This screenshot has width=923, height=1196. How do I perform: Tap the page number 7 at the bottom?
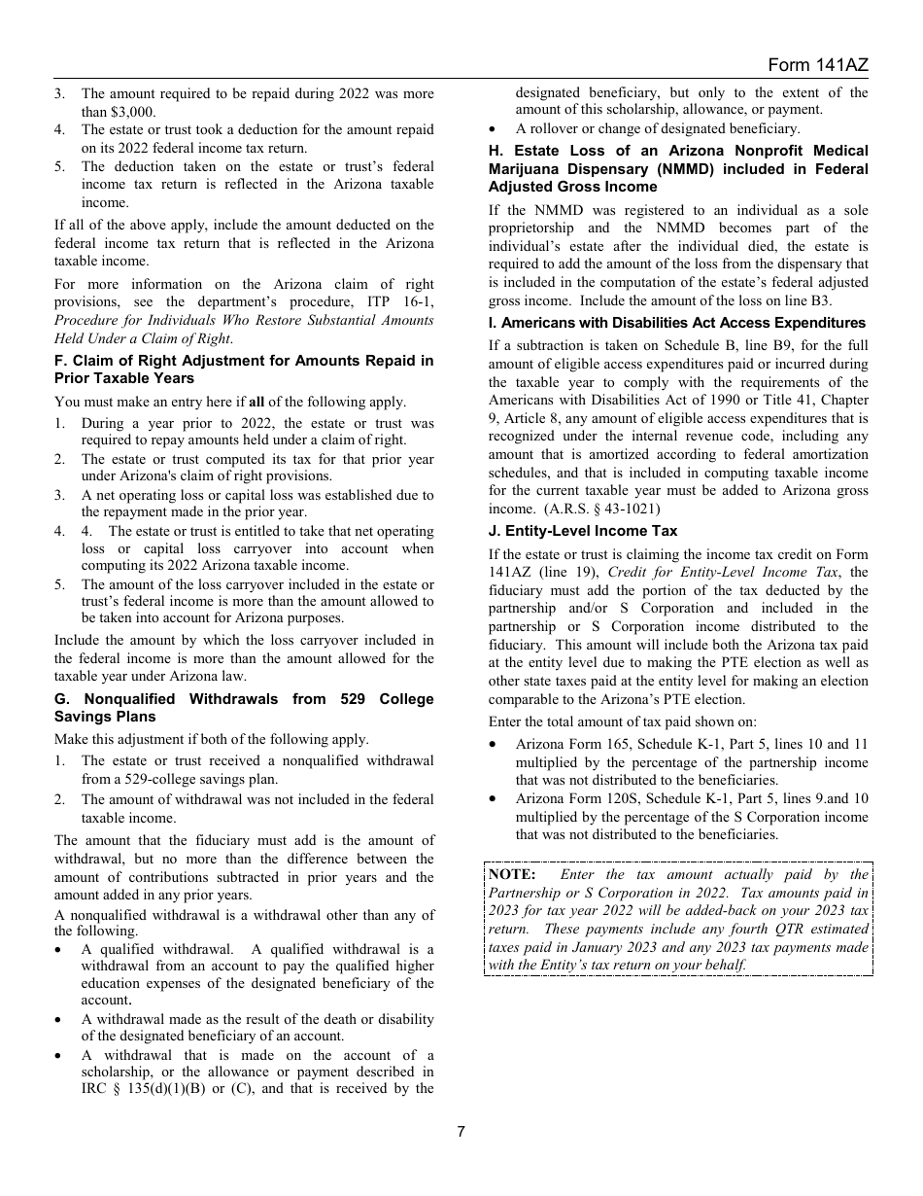point(461,1131)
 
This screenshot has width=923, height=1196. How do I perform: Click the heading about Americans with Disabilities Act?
point(676,323)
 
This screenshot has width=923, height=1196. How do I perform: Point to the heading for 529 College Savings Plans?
point(244,708)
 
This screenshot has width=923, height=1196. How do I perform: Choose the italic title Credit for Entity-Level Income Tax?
point(724,573)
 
